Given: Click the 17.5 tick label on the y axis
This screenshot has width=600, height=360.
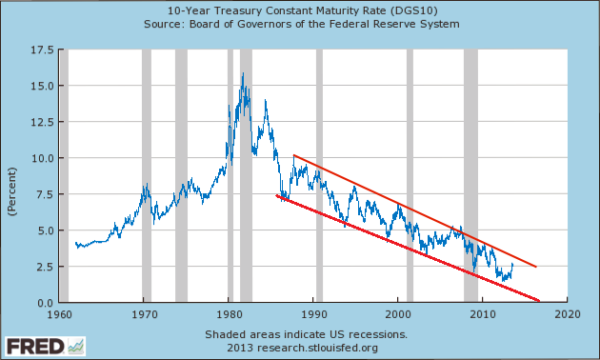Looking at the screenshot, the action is pos(42,50).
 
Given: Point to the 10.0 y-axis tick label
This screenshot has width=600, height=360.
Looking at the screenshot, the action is pos(42,158).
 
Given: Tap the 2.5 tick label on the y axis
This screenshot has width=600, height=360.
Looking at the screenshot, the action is pos(45,267).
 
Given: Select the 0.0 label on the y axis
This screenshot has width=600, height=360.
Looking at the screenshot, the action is pos(45,303).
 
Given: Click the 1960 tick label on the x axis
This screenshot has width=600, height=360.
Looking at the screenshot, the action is pos(59,314).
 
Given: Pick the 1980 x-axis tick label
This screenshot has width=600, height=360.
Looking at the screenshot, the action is pos(230,314).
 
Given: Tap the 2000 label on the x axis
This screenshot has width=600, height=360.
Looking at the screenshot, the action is pos(398,314).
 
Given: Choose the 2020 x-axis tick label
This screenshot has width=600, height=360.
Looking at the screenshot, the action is pos(568,314).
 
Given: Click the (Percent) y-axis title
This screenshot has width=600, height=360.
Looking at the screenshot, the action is pos(12,191).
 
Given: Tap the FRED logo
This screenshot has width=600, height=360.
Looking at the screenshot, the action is pos(45,347).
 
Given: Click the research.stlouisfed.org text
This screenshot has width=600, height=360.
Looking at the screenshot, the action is pos(317,348).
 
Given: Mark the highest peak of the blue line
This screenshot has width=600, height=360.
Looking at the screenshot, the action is pos(243,73).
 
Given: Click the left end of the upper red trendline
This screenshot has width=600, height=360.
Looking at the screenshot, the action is pos(294,155).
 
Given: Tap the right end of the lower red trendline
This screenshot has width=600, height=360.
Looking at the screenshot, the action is pos(539,301).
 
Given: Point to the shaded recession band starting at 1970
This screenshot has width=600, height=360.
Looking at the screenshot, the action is pos(147,175).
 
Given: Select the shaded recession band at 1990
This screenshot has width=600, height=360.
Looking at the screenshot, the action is pos(319,175).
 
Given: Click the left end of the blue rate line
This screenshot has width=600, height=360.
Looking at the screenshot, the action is pos(76,243).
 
